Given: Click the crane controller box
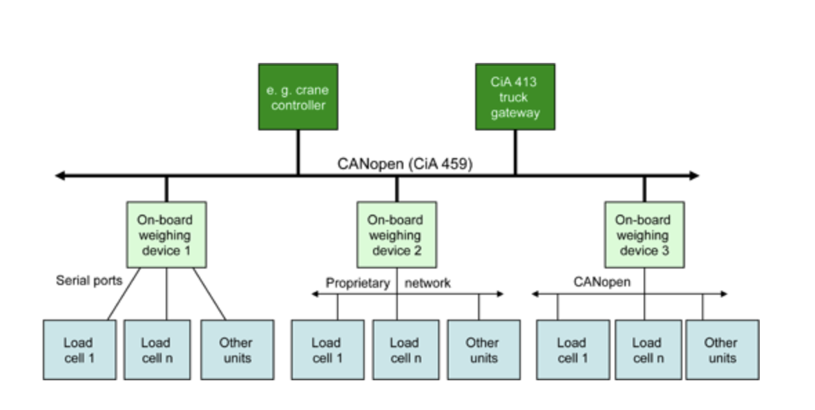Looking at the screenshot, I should click(x=298, y=97).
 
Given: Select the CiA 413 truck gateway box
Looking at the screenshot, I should click(x=515, y=97).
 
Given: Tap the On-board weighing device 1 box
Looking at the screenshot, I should click(x=166, y=235).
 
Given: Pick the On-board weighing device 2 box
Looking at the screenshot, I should click(x=396, y=235).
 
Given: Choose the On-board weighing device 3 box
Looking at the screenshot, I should click(x=644, y=235).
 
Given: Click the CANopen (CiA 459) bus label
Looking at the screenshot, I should click(x=405, y=164).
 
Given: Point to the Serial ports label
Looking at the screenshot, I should click(x=89, y=281).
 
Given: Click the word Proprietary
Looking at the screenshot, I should click(x=358, y=283).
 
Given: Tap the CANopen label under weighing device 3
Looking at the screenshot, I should click(x=602, y=282).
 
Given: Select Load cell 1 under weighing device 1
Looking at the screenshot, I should click(x=79, y=349).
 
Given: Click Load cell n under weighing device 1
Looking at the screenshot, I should click(x=157, y=349).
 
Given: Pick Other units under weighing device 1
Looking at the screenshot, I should click(x=236, y=349).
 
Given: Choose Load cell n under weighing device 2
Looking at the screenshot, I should click(x=405, y=349).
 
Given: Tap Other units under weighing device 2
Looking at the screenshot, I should click(x=483, y=349).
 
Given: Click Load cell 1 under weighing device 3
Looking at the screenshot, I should click(x=573, y=349).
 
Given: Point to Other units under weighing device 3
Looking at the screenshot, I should click(x=722, y=349).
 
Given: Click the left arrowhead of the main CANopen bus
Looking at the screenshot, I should click(x=60, y=176).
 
